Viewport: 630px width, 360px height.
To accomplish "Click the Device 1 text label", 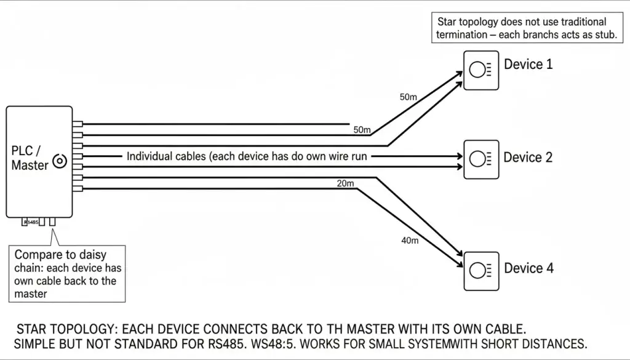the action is point(528,64).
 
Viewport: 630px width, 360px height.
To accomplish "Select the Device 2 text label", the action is point(528,157).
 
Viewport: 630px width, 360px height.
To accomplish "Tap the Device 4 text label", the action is point(528,268).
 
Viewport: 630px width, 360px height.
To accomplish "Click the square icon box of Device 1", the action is point(481,70).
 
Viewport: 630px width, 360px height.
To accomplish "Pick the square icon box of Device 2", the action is point(481,159).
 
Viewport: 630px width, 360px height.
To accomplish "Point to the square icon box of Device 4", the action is point(481,271).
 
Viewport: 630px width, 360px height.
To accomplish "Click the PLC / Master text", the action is point(30,158).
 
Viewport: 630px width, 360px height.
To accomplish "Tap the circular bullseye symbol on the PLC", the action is point(60,161).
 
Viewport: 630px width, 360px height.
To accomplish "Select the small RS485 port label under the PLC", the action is point(31,222).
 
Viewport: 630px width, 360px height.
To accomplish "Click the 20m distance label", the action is point(346,183).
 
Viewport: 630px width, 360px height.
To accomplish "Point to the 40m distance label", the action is point(410,240).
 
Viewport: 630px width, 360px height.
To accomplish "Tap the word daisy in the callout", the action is point(94,255).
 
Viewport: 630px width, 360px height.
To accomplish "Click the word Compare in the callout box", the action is point(35,255).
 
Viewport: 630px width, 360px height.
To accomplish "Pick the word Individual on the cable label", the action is point(146,156).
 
